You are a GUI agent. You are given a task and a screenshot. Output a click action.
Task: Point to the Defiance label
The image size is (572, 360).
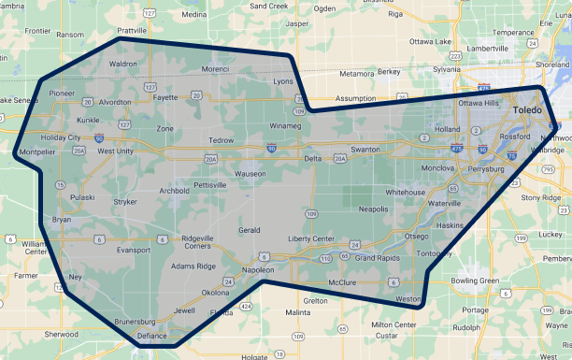pos(152,335)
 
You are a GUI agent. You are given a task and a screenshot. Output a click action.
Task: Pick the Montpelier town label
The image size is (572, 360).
pos(36,151)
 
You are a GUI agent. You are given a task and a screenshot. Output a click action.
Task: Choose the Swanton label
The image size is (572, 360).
pos(365,150)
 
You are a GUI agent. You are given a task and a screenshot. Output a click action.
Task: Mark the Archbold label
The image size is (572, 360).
pos(175,190)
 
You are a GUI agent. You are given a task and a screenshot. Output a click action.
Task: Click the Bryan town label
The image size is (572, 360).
pos(62,219)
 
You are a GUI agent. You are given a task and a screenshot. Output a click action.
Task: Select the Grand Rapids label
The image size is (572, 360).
pos(377,257)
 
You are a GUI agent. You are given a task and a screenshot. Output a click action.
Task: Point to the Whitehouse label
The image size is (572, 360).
pos(406,192)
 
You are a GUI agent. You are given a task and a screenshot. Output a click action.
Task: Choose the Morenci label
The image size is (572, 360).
pos(215,69)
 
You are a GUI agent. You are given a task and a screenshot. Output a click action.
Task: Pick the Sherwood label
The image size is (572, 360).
pos(62,334)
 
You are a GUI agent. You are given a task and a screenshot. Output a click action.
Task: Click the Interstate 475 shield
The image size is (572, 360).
pos(455,148)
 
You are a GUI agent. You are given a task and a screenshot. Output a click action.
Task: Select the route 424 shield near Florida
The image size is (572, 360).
pos(245,306)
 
